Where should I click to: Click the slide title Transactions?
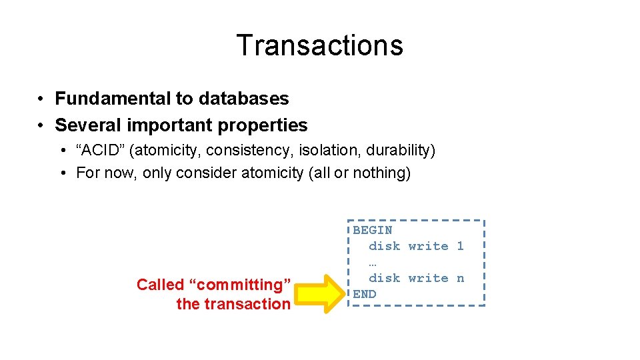tap(319, 45)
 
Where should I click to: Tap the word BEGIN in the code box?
tap(373, 230)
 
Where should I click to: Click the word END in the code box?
tap(365, 294)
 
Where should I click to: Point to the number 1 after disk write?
tap(460, 246)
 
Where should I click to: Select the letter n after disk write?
tap(460, 278)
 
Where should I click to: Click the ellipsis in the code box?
tap(373, 262)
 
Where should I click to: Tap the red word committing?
tap(240, 285)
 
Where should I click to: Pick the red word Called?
tap(160, 285)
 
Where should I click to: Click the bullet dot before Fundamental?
tap(41, 99)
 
